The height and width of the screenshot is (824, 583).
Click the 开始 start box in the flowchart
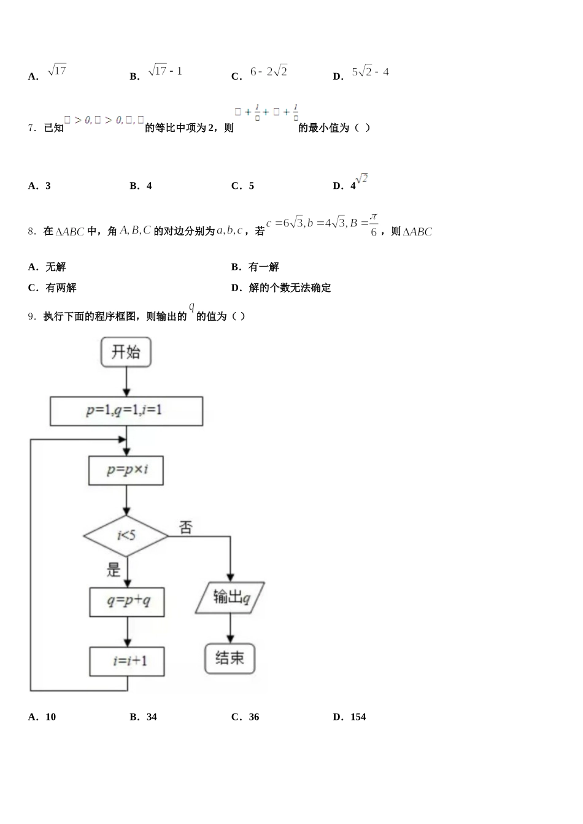click(126, 353)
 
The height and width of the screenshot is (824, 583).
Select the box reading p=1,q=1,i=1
click(126, 411)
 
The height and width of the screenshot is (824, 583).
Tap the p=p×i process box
click(126, 470)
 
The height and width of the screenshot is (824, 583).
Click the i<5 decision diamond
click(126, 536)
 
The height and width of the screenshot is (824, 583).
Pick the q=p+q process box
click(127, 602)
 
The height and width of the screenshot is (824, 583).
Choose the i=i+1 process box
click(127, 661)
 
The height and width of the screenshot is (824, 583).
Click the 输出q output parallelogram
click(230, 597)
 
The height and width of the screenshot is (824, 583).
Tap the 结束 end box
click(230, 658)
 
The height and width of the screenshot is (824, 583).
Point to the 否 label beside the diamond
click(185, 527)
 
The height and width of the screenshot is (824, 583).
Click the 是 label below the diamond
click(114, 570)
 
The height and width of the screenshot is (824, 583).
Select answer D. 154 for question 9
click(350, 717)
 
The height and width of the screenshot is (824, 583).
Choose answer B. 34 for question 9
click(144, 717)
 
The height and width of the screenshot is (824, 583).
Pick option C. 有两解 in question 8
click(53, 288)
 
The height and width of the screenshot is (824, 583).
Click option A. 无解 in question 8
click(47, 267)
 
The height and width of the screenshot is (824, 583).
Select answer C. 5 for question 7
click(243, 186)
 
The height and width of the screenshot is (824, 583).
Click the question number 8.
click(33, 231)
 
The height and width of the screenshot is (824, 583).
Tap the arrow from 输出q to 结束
click(230, 628)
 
